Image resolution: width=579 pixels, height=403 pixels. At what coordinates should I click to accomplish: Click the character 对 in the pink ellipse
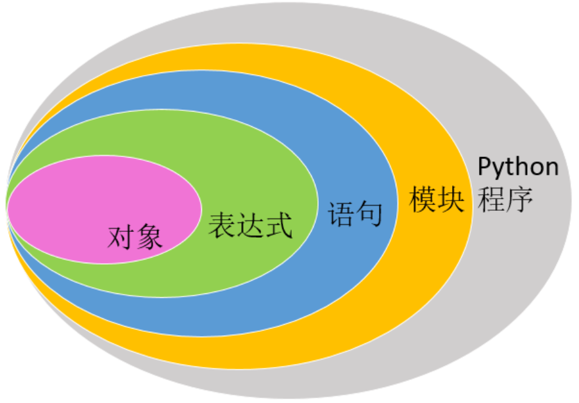(x=120, y=238)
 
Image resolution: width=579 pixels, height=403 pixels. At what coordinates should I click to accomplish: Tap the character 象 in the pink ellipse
(x=149, y=238)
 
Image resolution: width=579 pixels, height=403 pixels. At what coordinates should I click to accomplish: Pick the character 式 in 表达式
(x=278, y=226)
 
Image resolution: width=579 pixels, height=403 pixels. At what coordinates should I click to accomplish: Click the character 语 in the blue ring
(x=340, y=214)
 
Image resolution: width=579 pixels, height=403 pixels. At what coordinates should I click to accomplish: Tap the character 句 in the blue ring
(x=369, y=214)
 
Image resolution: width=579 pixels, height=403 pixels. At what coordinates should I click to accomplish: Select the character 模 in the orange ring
(x=423, y=200)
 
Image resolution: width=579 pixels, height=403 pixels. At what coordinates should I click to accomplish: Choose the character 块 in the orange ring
(x=451, y=200)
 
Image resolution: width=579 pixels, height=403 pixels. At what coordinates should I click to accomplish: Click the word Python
(x=519, y=168)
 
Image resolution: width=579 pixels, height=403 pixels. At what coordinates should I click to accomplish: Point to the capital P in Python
(x=485, y=167)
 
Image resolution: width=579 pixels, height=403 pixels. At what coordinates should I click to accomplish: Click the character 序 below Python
(x=519, y=199)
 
